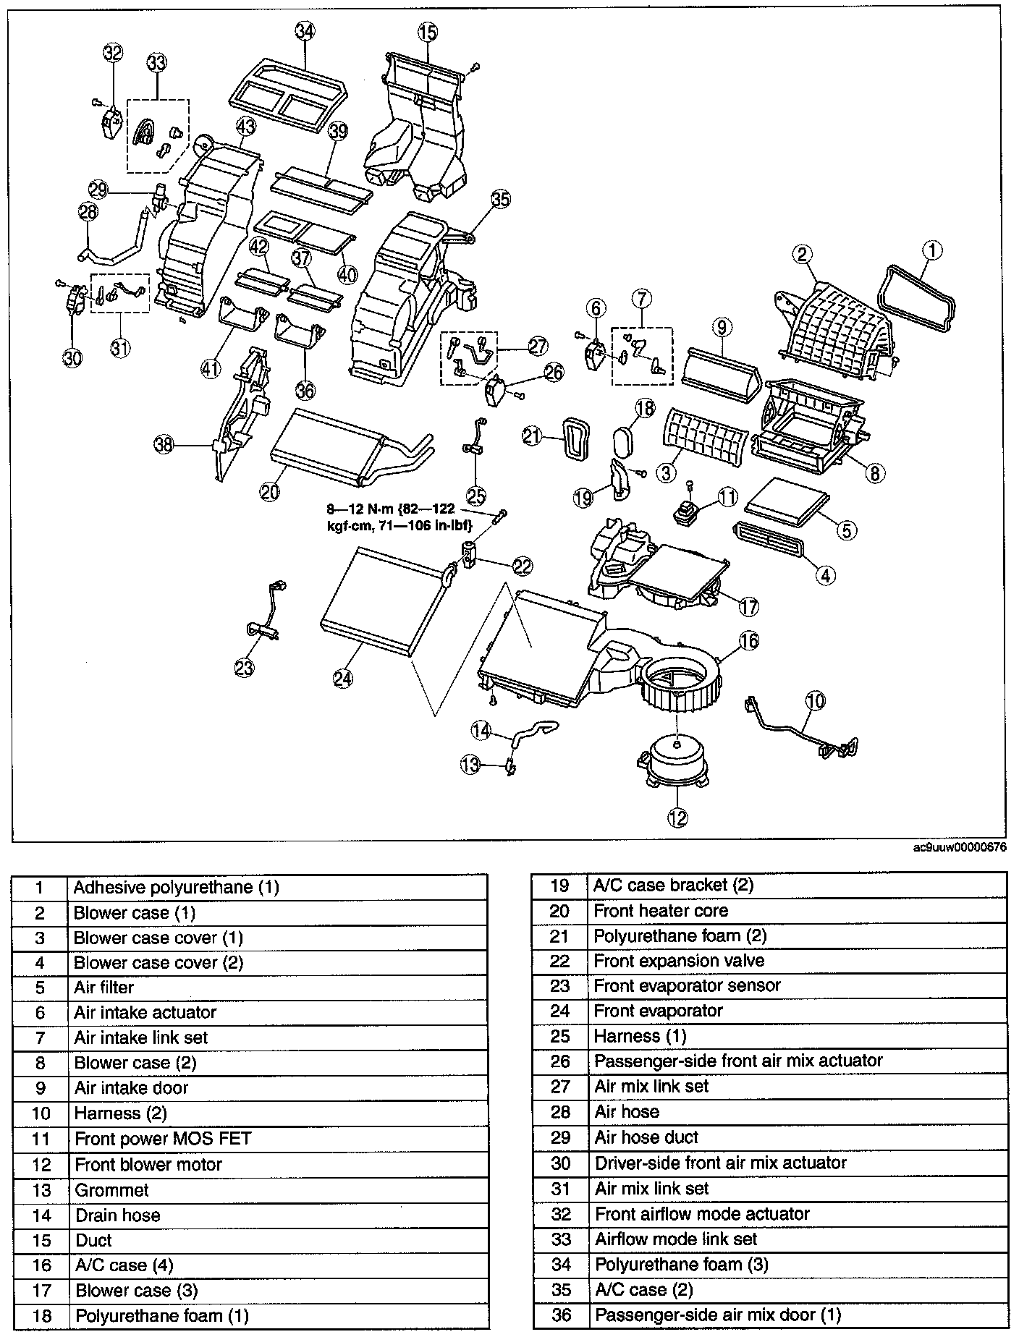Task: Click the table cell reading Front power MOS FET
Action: (163, 1139)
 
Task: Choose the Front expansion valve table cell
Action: (679, 961)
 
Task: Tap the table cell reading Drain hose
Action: (117, 1215)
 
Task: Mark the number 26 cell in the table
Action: (560, 1061)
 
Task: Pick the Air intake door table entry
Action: (131, 1088)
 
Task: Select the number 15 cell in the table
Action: (41, 1241)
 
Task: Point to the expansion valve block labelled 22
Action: (468, 556)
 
